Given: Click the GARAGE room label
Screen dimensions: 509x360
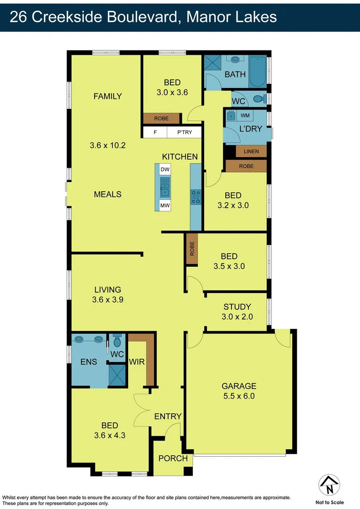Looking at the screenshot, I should coord(239,386).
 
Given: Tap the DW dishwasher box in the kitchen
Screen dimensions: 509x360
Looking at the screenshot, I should coord(165,170).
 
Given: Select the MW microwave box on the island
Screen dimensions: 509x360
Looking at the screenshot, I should coord(165,205).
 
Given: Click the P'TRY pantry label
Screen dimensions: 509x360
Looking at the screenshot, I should coord(185,132).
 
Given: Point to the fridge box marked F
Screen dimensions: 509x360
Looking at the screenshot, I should coord(155,132).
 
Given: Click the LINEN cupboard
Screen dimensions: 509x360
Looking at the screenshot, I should coord(251,151).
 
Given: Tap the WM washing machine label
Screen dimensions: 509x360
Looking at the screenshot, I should coord(245,115).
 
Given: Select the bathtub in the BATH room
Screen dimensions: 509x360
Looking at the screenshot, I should coord(258,72).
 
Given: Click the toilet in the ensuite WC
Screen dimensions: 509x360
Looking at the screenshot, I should coord(117,341).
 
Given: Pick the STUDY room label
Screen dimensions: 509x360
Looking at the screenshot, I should coord(237,306).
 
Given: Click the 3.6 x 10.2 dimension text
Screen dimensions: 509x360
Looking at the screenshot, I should coord(107,146).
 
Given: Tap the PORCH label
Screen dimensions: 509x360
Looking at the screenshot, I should coord(173,458).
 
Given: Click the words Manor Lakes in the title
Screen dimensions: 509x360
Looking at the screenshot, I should coord(231,17).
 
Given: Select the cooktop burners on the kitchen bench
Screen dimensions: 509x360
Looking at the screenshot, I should coord(196,197).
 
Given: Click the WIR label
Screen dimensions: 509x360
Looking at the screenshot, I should coord(136,362).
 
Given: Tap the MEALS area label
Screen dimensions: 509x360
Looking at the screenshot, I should coord(107,194).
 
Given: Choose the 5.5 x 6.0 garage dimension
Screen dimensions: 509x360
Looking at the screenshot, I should coord(238,396).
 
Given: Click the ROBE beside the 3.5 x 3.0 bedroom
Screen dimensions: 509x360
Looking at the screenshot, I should coord(192,248).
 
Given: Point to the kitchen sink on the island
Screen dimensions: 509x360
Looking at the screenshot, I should coord(165,187).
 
